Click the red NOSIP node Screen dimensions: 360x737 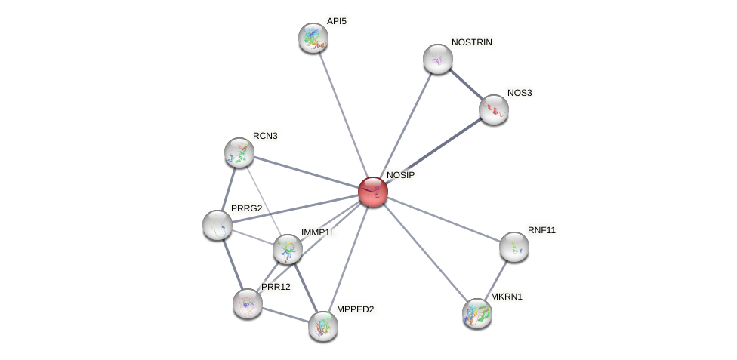click(373, 192)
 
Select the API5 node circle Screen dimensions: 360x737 click(313, 38)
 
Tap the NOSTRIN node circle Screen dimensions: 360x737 click(438, 59)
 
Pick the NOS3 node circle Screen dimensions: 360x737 click(494, 109)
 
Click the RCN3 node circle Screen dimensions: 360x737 click(239, 152)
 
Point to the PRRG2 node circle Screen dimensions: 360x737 click(217, 225)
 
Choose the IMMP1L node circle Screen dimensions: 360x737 click(288, 249)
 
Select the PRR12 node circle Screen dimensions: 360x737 click(248, 303)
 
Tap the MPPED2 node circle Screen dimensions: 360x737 click(323, 326)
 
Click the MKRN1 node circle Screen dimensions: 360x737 click(477, 313)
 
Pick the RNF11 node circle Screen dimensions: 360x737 click(514, 247)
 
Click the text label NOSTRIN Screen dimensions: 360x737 click(472, 42)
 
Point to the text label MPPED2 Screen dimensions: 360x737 click(354, 309)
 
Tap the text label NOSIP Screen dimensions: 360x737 click(400, 175)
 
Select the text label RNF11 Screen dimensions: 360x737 click(541, 230)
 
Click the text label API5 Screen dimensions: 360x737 click(336, 21)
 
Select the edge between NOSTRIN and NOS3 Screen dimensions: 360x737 click(466, 84)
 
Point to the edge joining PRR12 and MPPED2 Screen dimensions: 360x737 click(285, 315)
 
